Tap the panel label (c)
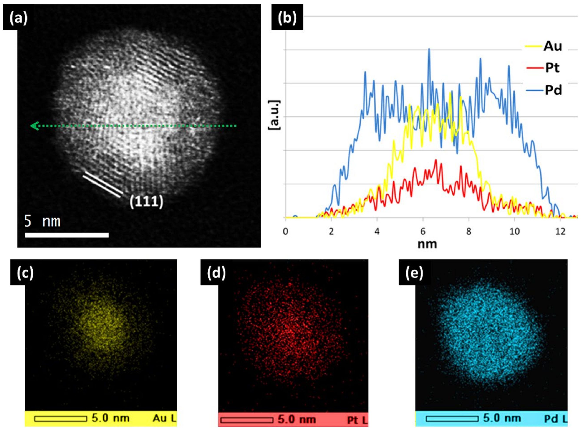(25, 273)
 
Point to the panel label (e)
(414, 273)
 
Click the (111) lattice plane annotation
(146, 202)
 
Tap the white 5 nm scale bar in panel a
(67, 235)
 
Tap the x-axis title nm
(427, 244)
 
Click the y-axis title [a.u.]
(274, 115)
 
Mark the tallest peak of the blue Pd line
(429, 49)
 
